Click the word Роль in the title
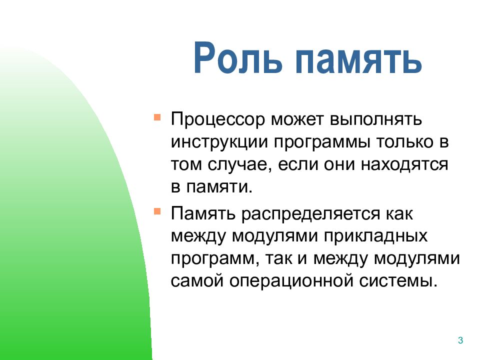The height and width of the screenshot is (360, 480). click(x=237, y=58)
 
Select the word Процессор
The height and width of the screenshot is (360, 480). click(x=218, y=119)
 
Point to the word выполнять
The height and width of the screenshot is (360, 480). click(x=376, y=119)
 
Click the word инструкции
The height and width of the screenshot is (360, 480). click(x=219, y=142)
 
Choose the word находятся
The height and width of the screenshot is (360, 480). click(x=404, y=165)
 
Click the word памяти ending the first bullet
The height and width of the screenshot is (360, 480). click(x=219, y=186)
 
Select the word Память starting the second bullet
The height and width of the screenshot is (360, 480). click(x=203, y=213)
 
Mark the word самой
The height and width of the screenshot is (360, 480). click(x=197, y=280)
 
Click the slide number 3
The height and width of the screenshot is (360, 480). click(x=460, y=340)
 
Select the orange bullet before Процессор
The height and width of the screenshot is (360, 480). click(x=157, y=117)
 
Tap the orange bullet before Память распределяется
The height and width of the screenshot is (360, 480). click(x=157, y=211)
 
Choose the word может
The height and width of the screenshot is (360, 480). click(x=297, y=119)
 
